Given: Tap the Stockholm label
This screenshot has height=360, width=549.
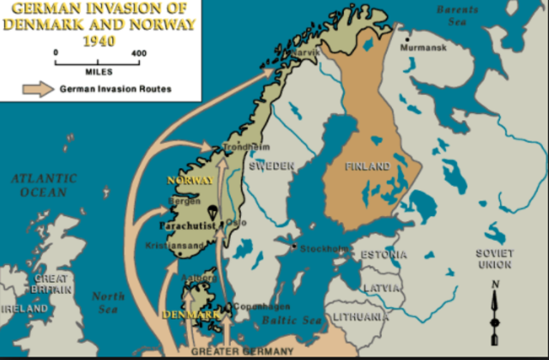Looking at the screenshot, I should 324,249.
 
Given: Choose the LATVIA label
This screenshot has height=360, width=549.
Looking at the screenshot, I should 383,289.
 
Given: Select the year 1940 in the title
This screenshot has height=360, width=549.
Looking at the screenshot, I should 100,40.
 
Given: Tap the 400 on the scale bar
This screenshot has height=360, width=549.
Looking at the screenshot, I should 138,53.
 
